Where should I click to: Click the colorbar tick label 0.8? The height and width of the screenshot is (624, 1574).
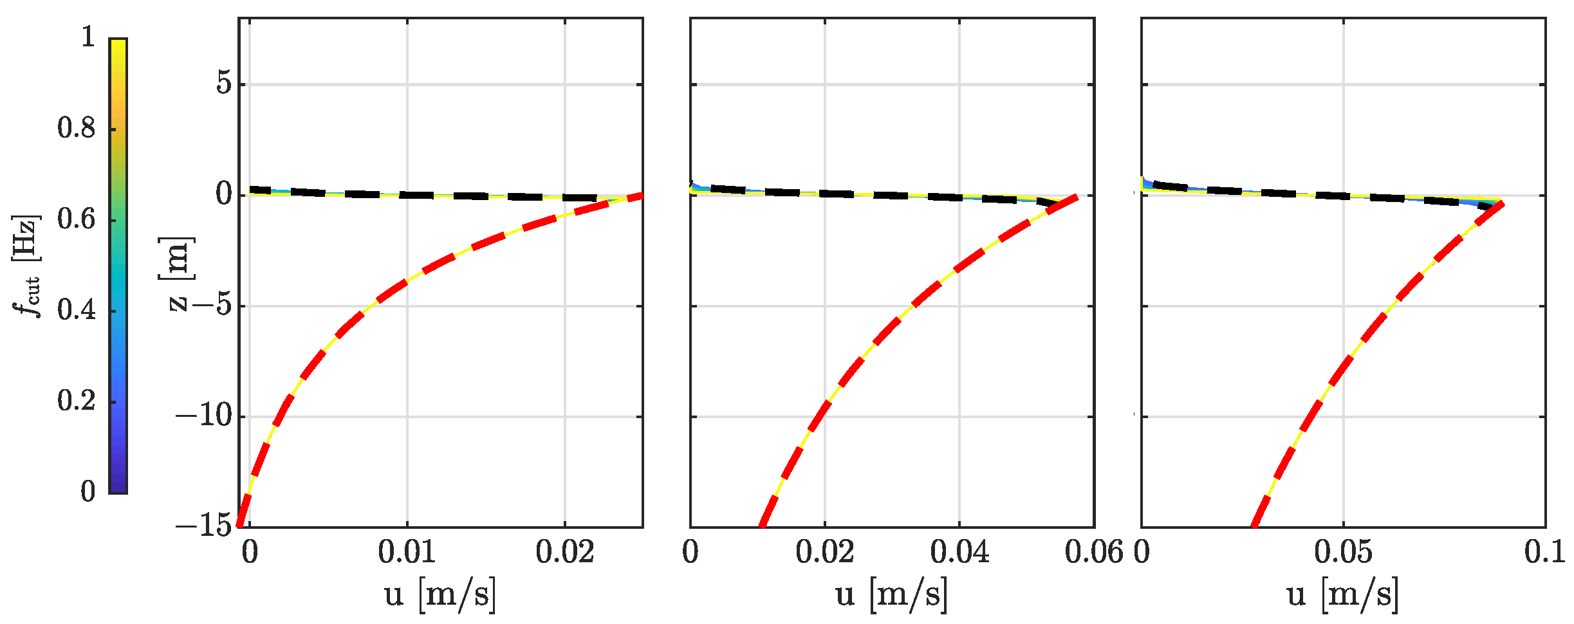pos(76,128)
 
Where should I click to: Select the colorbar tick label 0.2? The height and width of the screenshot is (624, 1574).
pos(76,401)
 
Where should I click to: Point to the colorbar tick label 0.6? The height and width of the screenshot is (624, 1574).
pos(76,219)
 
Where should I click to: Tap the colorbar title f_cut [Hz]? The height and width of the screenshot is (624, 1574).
pos(26,265)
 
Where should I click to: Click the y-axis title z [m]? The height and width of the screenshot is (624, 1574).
pos(176,274)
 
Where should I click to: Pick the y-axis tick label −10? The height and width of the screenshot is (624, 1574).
pos(203,416)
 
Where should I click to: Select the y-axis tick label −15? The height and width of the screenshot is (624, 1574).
pos(203,526)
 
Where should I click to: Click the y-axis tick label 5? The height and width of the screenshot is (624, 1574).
pos(223,84)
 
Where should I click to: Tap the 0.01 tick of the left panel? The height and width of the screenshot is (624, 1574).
pos(407,552)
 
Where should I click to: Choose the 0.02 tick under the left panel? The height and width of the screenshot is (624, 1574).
pos(565,552)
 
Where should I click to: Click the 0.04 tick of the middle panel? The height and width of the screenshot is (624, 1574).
pos(959,552)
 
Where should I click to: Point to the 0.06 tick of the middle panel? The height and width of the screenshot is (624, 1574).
pos(1093,552)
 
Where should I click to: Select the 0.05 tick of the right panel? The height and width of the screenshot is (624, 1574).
pos(1343,552)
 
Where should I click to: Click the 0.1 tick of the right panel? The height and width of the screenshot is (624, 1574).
pos(1544,552)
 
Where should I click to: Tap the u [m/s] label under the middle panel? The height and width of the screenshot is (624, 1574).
pos(891,593)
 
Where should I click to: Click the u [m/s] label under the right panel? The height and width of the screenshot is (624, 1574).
pos(1343,593)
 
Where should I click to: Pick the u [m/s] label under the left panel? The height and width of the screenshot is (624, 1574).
pos(440,593)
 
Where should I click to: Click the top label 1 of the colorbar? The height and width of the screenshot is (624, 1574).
pos(88,37)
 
